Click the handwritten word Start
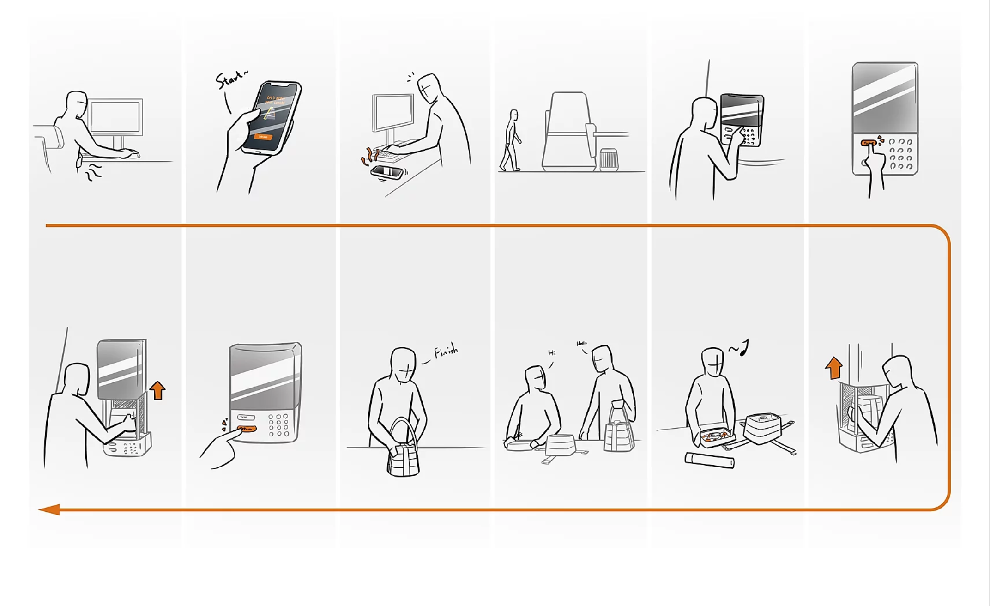click(230, 79)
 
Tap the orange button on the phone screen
click(263, 137)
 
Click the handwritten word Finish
click(446, 352)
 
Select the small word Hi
click(552, 353)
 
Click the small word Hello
click(581, 344)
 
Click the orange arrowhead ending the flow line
click(49, 509)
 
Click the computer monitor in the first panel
click(115, 117)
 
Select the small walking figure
click(511, 140)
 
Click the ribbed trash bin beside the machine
click(609, 160)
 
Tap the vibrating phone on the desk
click(387, 172)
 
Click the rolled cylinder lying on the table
click(709, 461)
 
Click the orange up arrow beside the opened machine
click(157, 390)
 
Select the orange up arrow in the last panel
click(833, 368)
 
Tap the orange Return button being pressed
click(247, 429)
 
